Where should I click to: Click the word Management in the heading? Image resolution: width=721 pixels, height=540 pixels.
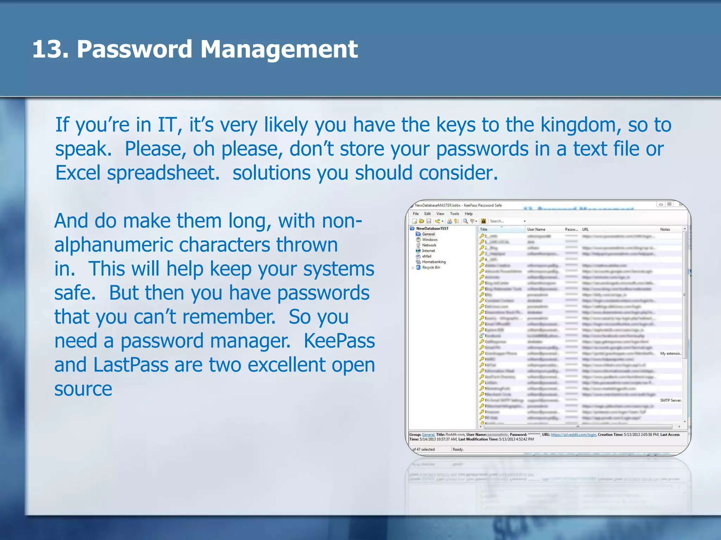click(x=279, y=50)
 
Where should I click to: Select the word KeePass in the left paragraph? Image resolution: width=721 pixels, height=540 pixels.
click(x=339, y=341)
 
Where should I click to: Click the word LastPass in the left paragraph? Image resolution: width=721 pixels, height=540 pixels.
click(x=131, y=365)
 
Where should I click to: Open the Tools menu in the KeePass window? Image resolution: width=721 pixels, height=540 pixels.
click(x=454, y=214)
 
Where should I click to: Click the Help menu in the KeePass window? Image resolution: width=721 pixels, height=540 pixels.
click(x=469, y=214)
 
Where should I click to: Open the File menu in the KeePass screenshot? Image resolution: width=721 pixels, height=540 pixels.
click(x=416, y=214)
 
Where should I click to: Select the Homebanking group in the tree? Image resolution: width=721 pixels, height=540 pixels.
click(x=434, y=262)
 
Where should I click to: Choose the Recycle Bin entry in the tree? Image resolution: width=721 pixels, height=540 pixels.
click(x=431, y=268)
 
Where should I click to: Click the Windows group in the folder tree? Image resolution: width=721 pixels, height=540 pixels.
click(x=430, y=240)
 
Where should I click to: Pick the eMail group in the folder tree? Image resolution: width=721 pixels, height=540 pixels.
click(x=427, y=256)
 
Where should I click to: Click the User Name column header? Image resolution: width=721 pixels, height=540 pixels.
click(x=536, y=230)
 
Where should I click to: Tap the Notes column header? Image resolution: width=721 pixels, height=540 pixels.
click(x=665, y=230)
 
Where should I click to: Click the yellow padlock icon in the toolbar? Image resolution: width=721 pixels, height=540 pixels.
click(x=484, y=221)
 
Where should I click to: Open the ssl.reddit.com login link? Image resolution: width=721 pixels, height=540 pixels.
click(x=573, y=435)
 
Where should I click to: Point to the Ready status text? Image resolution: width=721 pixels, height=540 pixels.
click(x=458, y=450)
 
